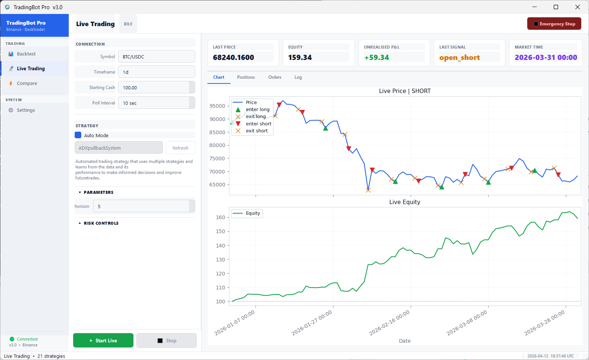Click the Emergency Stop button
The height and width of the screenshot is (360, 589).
coord(554,24)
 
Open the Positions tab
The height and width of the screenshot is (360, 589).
coord(246,77)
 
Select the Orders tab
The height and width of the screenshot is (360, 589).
coord(275,77)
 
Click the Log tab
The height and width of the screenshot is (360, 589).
coord(298,77)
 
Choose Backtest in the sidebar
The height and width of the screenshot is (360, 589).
coord(26,54)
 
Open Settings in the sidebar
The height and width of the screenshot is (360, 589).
coord(26,110)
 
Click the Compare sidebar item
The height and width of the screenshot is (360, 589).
coord(27,83)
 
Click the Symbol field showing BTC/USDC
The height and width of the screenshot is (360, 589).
coord(156,57)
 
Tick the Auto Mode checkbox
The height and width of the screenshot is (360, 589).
coord(78,135)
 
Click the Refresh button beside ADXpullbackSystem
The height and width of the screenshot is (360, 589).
coord(180,148)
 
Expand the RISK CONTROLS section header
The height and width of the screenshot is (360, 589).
coord(101,223)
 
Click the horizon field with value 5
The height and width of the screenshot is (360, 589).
coord(142,206)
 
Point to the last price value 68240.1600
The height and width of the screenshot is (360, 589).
coord(233,57)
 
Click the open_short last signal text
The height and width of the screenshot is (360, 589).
coord(459,58)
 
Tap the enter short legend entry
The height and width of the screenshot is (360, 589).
coord(258,124)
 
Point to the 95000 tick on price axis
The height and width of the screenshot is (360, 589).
coord(217,106)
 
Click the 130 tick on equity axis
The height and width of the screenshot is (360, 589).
coord(220,260)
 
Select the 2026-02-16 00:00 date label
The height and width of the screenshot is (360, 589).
coord(389,322)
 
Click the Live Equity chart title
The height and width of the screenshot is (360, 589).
coord(404,202)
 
